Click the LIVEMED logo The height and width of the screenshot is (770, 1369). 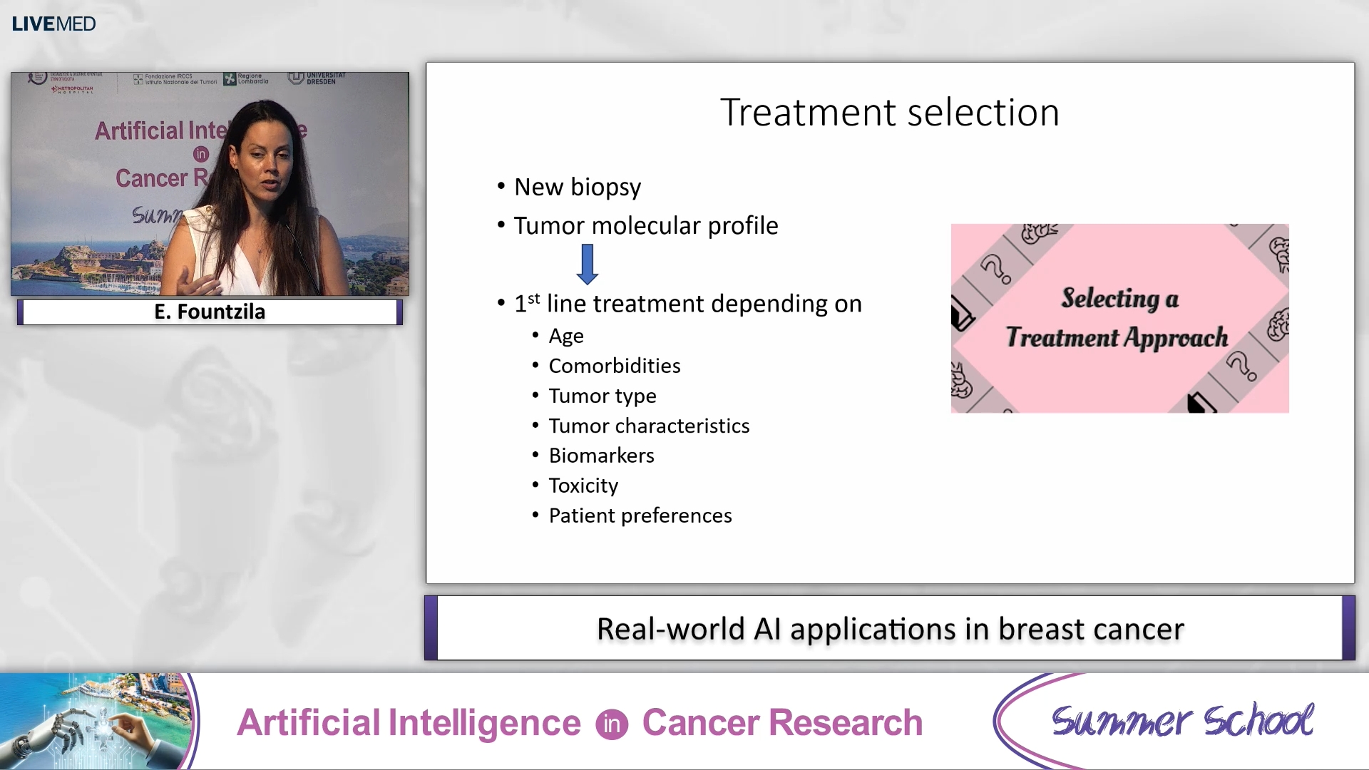[x=53, y=24]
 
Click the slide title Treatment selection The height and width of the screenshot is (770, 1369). [x=889, y=113]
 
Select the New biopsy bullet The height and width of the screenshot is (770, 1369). [x=577, y=187]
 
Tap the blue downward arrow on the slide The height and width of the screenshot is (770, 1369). [x=588, y=264]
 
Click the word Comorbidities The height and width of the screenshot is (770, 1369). [x=614, y=366]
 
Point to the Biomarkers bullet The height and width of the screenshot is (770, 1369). [x=601, y=456]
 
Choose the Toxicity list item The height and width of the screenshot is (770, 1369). [x=583, y=486]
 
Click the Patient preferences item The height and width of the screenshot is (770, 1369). [x=640, y=515]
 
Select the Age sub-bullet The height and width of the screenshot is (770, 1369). [x=566, y=336]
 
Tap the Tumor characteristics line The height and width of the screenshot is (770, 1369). [x=649, y=426]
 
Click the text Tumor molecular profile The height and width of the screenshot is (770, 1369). [x=645, y=226]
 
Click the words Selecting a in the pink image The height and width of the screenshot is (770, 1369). [x=1119, y=298]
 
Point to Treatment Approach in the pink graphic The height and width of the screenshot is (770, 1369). [x=1117, y=337]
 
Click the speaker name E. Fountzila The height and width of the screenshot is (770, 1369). [x=210, y=312]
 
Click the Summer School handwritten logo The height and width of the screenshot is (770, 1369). [x=1181, y=721]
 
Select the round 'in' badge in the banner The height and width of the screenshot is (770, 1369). [x=611, y=724]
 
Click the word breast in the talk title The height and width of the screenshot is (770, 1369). [x=1041, y=629]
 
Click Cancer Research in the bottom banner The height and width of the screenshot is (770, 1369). [x=782, y=723]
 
